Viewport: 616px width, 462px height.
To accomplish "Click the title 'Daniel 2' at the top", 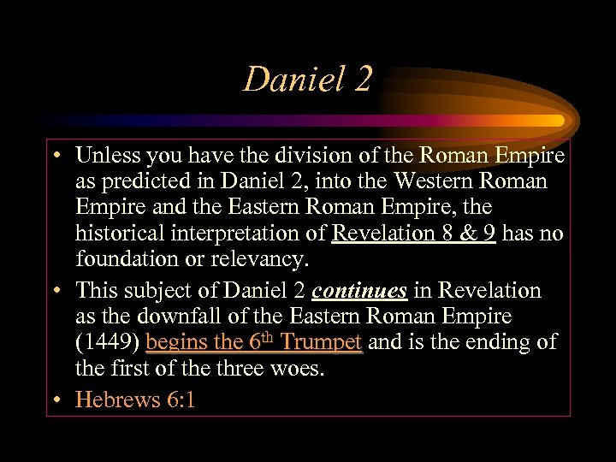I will pyautogui.click(x=308, y=80).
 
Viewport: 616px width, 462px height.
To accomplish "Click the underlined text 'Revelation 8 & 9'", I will pyautogui.click(x=414, y=233).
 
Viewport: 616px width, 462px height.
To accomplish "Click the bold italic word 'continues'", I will pyautogui.click(x=359, y=291).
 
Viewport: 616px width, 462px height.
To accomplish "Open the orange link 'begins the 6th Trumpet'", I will pyautogui.click(x=254, y=342).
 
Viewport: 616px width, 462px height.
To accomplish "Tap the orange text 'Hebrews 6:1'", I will pyautogui.click(x=135, y=400).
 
